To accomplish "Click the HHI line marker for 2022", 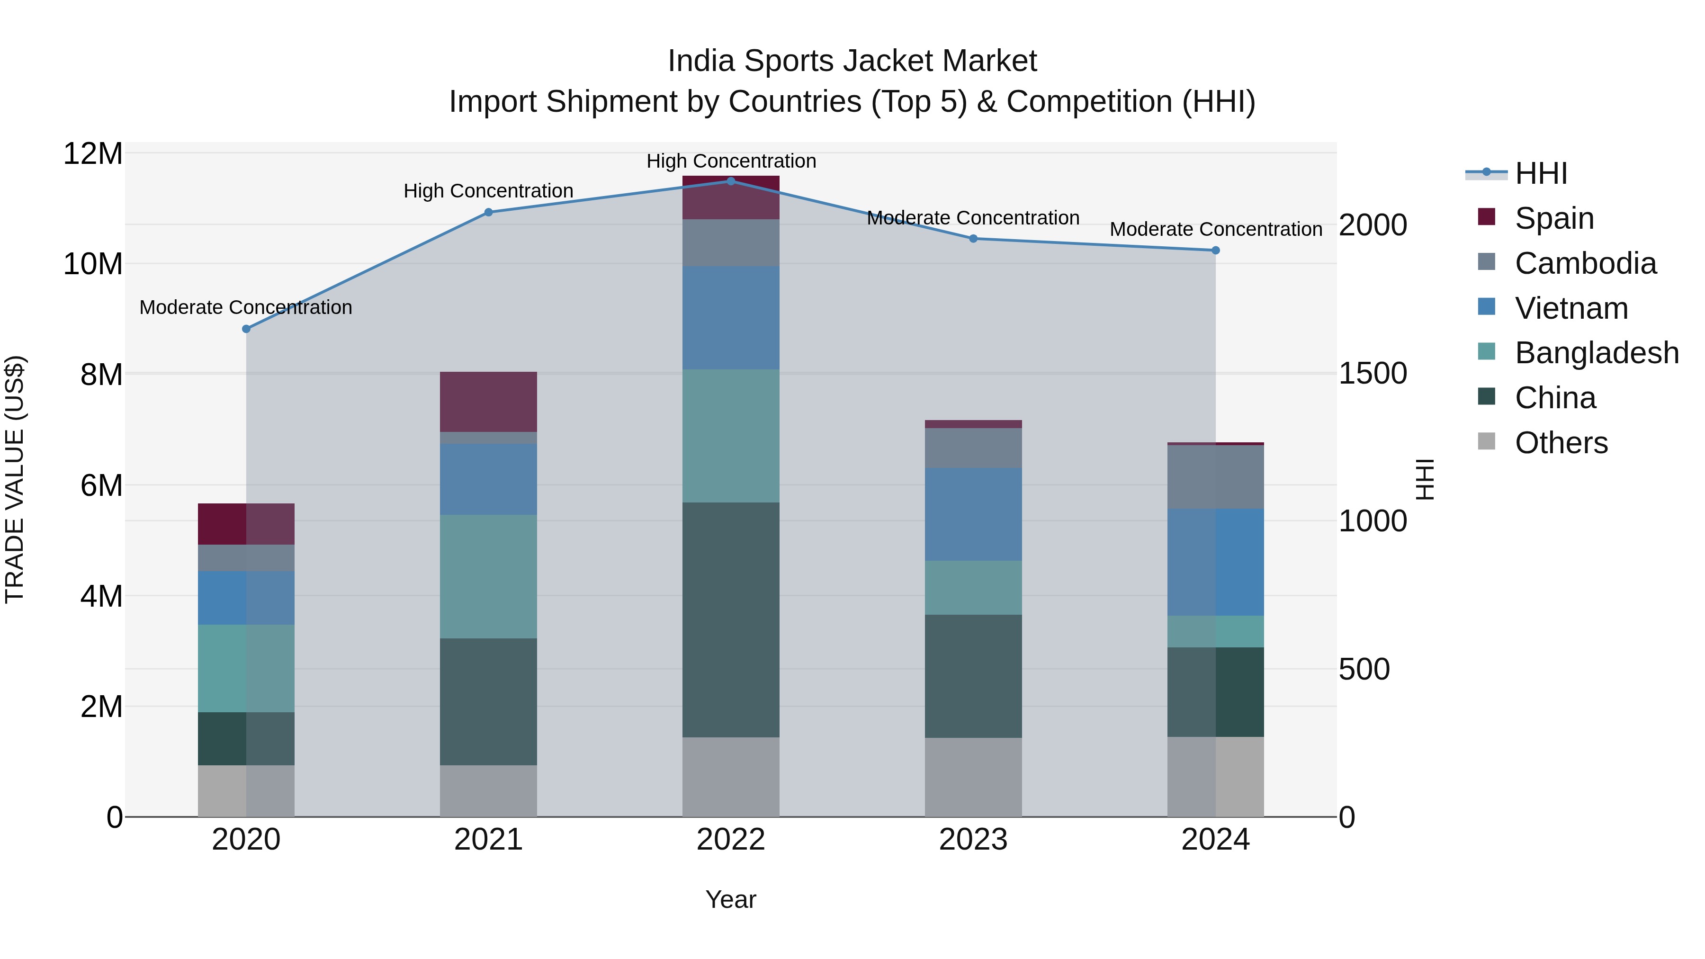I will coord(731,181).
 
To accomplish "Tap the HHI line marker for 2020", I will coord(246,329).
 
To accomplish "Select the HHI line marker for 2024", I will coord(1215,250).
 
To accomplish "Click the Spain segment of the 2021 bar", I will coord(488,402).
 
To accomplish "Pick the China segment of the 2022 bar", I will coord(731,619).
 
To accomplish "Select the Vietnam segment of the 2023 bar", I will coord(973,514).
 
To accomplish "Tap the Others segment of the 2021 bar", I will coord(488,791).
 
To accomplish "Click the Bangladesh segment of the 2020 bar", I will coord(246,668).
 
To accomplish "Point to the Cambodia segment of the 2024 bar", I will coord(1215,477).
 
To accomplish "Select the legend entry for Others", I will coord(1561,443).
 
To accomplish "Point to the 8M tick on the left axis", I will coord(101,375).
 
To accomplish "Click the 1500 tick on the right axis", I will coord(1373,373).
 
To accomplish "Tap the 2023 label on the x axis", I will coord(973,840).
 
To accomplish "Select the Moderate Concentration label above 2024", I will coord(1215,230).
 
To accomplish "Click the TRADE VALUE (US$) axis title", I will coord(15,479).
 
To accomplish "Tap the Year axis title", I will coord(731,899).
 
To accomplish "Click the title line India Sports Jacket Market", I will coord(852,61).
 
